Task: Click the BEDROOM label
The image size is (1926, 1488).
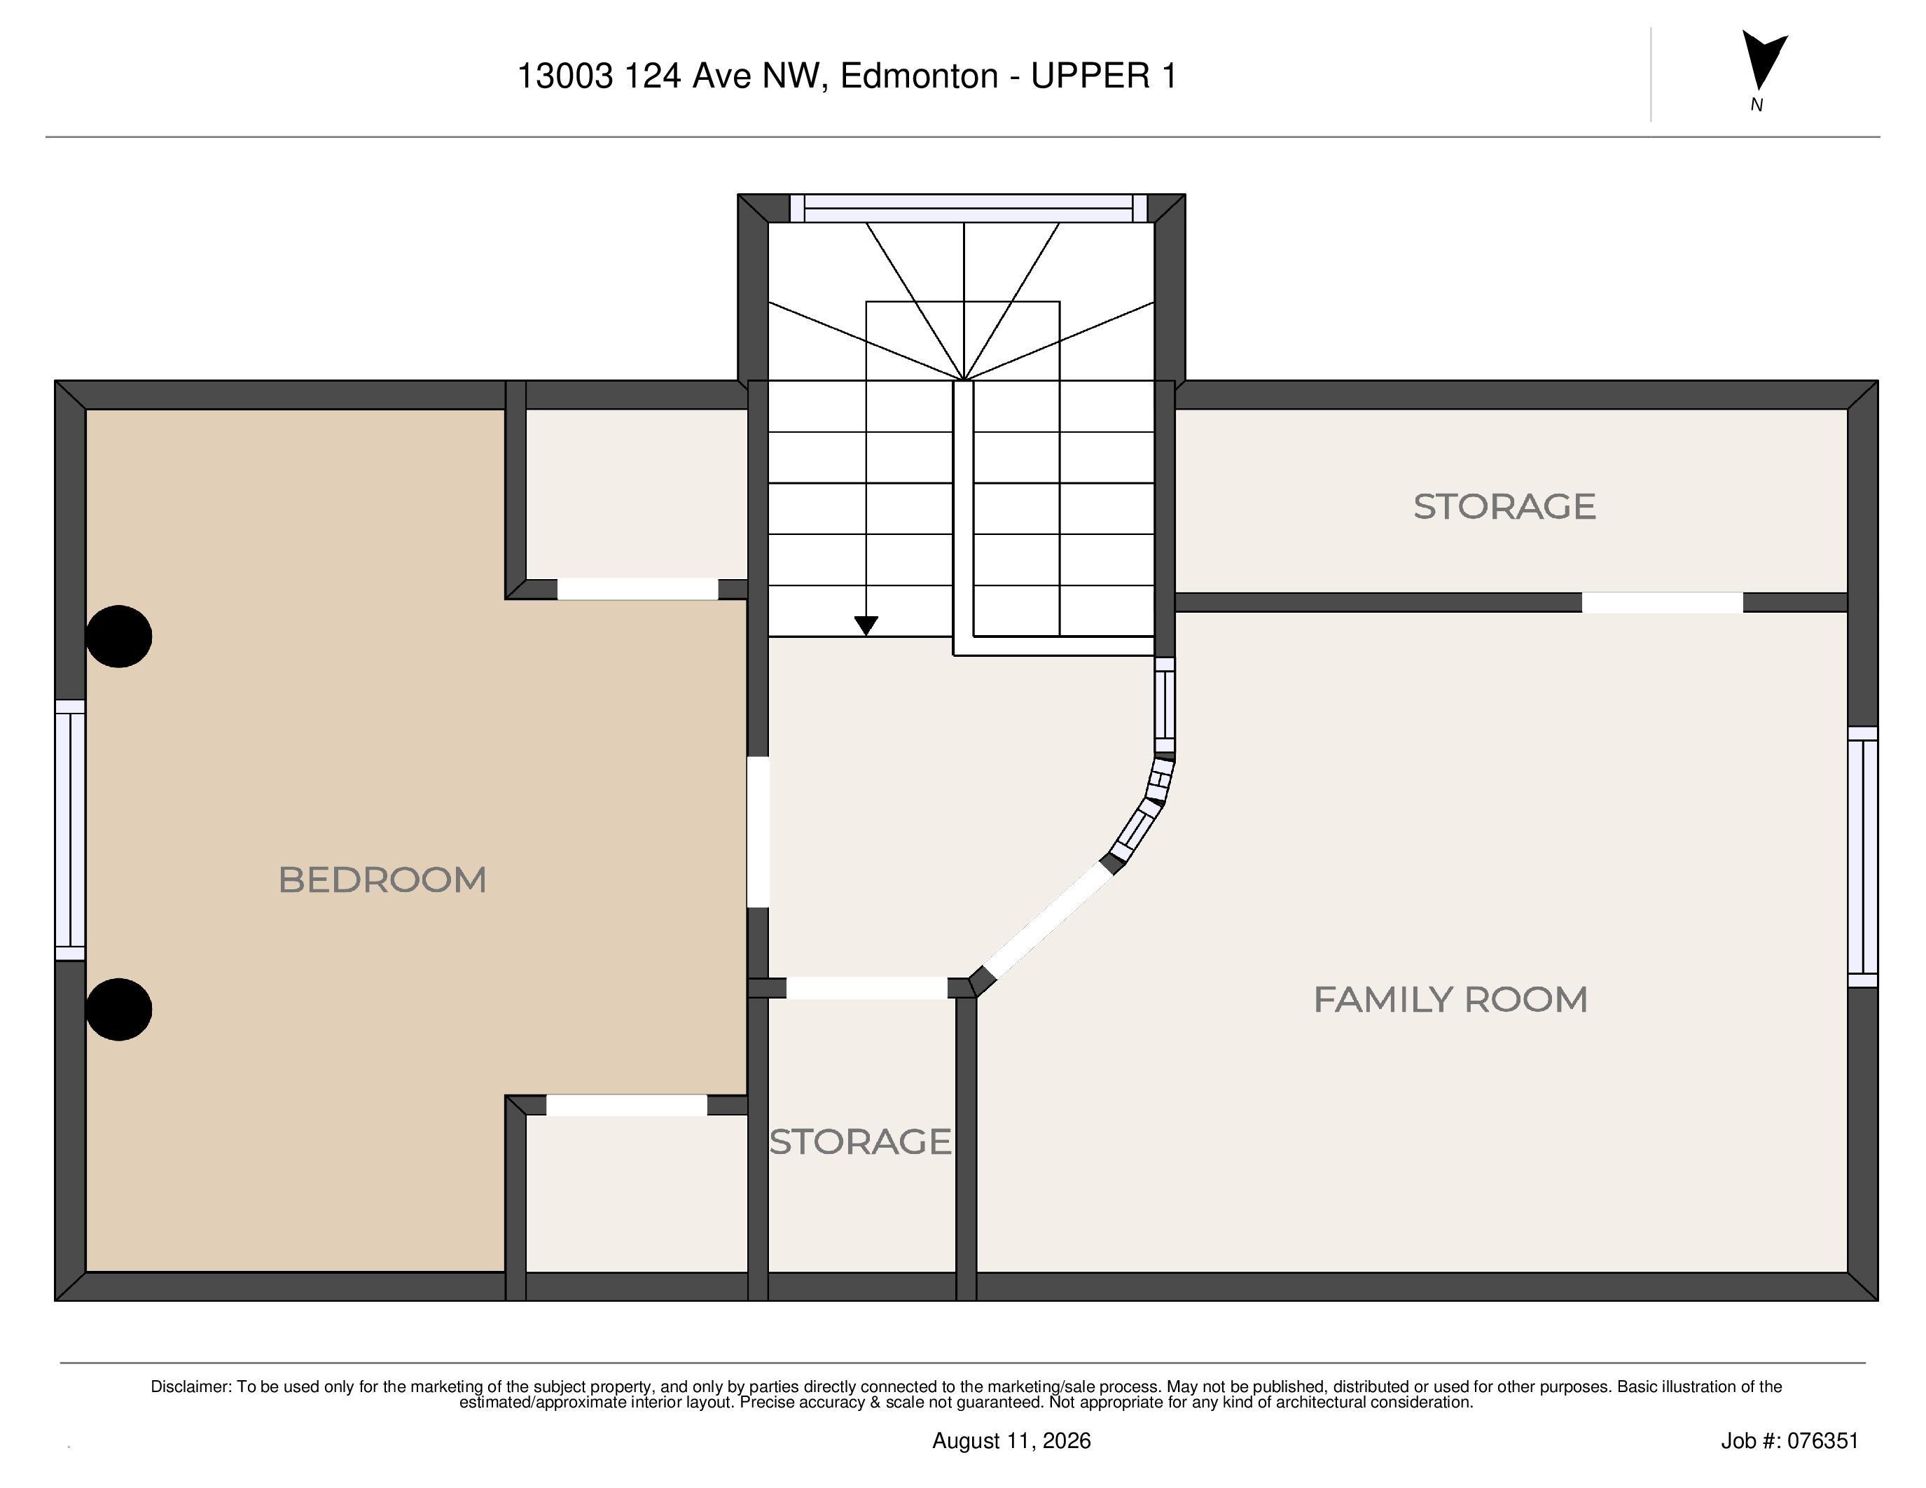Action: click(x=382, y=879)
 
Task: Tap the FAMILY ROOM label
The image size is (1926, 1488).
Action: click(x=1450, y=1000)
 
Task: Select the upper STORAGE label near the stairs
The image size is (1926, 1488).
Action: click(x=1504, y=507)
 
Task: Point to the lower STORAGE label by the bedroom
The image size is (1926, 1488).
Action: click(x=861, y=1141)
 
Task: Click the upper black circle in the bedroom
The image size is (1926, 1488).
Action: click(x=119, y=637)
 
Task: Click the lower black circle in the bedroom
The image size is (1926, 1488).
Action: click(x=119, y=1009)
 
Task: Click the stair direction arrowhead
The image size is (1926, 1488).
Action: click(x=866, y=625)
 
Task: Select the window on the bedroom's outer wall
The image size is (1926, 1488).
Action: click(x=71, y=830)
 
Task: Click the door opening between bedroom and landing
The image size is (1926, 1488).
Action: click(x=758, y=831)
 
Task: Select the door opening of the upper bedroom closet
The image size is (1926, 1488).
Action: click(x=637, y=589)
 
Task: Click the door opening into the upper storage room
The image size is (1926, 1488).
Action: click(x=1663, y=603)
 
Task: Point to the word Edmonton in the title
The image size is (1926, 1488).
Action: click(x=919, y=77)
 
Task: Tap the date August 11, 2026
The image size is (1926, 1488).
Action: click(x=1011, y=1441)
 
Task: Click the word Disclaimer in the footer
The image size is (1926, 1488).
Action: click(x=190, y=1386)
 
